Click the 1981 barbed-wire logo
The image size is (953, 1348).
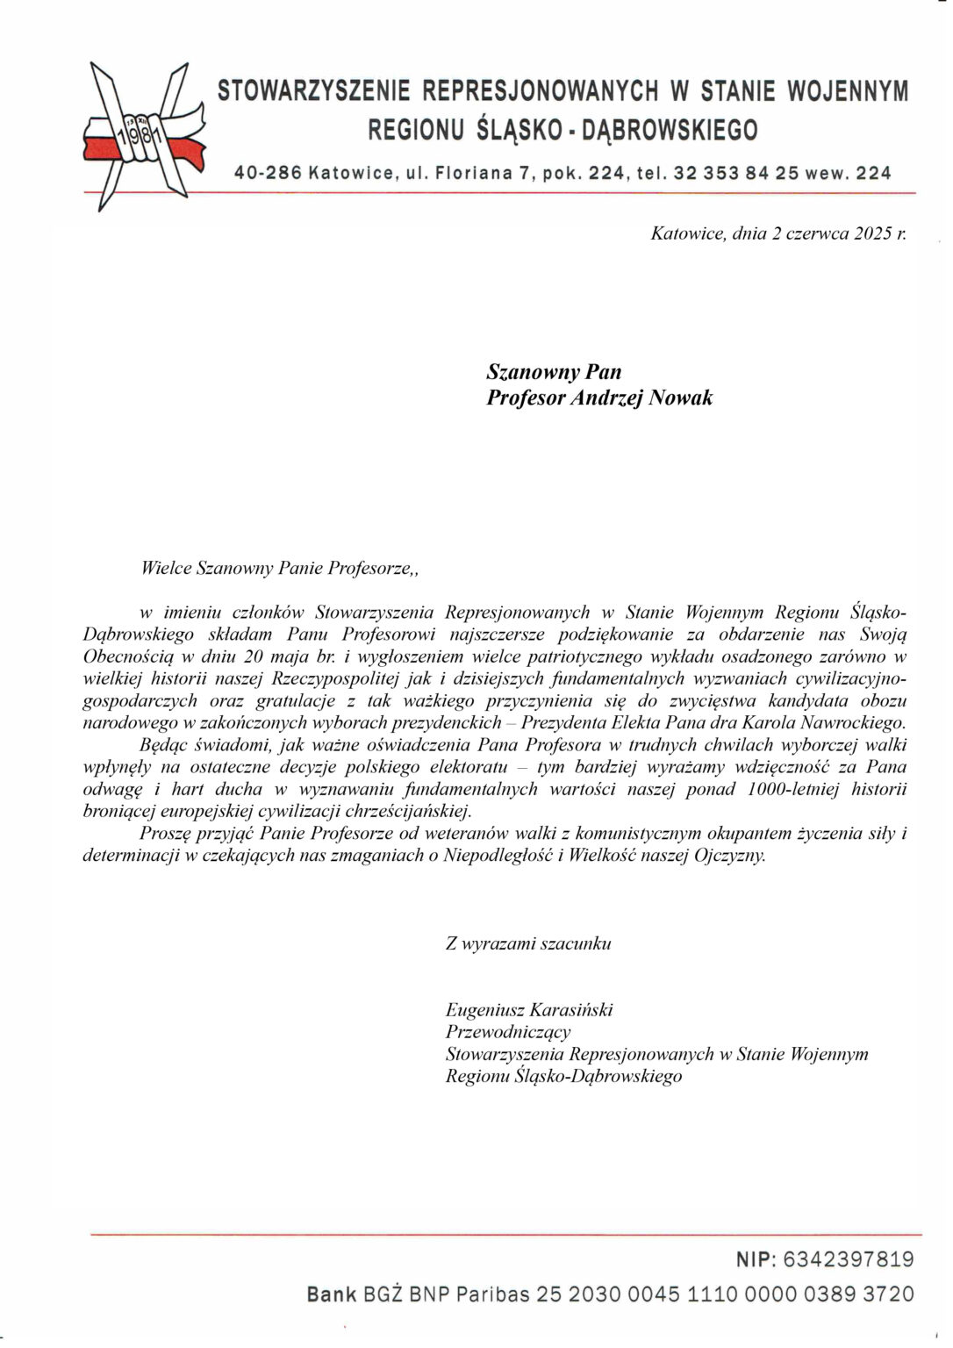point(145,136)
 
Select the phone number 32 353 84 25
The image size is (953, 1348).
point(736,174)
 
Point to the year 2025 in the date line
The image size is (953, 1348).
point(873,234)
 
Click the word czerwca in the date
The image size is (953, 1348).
point(817,234)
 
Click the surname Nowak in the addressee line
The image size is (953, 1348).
point(680,398)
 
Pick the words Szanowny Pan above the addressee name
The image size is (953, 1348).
point(554,372)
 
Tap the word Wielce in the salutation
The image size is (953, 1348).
point(166,568)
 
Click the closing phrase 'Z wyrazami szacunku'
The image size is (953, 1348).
point(528,944)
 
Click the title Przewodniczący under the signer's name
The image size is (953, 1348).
point(508,1032)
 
